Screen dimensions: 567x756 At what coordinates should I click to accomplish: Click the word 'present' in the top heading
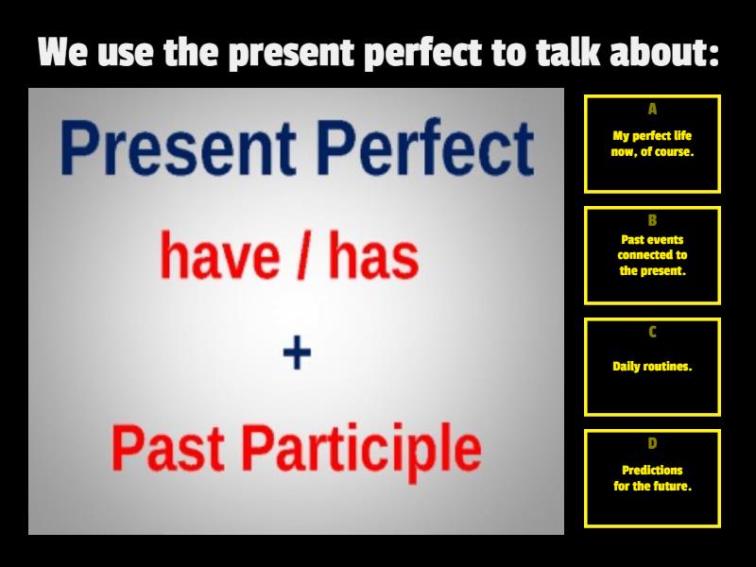[x=287, y=53]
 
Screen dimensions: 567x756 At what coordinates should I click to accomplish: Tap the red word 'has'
[x=372, y=257]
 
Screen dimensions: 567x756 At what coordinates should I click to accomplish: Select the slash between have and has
[x=302, y=257]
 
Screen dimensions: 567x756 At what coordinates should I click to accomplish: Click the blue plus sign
[x=297, y=354]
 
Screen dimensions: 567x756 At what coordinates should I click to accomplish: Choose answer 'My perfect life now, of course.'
[x=652, y=144]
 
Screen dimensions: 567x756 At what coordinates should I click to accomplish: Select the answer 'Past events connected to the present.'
[x=652, y=255]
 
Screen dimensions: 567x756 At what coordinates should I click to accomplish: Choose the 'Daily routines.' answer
[x=652, y=367]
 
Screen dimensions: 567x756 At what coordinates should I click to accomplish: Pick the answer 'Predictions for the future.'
[x=652, y=478]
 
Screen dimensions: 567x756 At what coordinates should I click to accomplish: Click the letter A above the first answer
[x=652, y=109]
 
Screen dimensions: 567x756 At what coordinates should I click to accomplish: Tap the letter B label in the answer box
[x=652, y=220]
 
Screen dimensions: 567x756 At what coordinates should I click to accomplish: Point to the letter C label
[x=652, y=332]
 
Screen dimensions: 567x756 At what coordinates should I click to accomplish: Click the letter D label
[x=652, y=443]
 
